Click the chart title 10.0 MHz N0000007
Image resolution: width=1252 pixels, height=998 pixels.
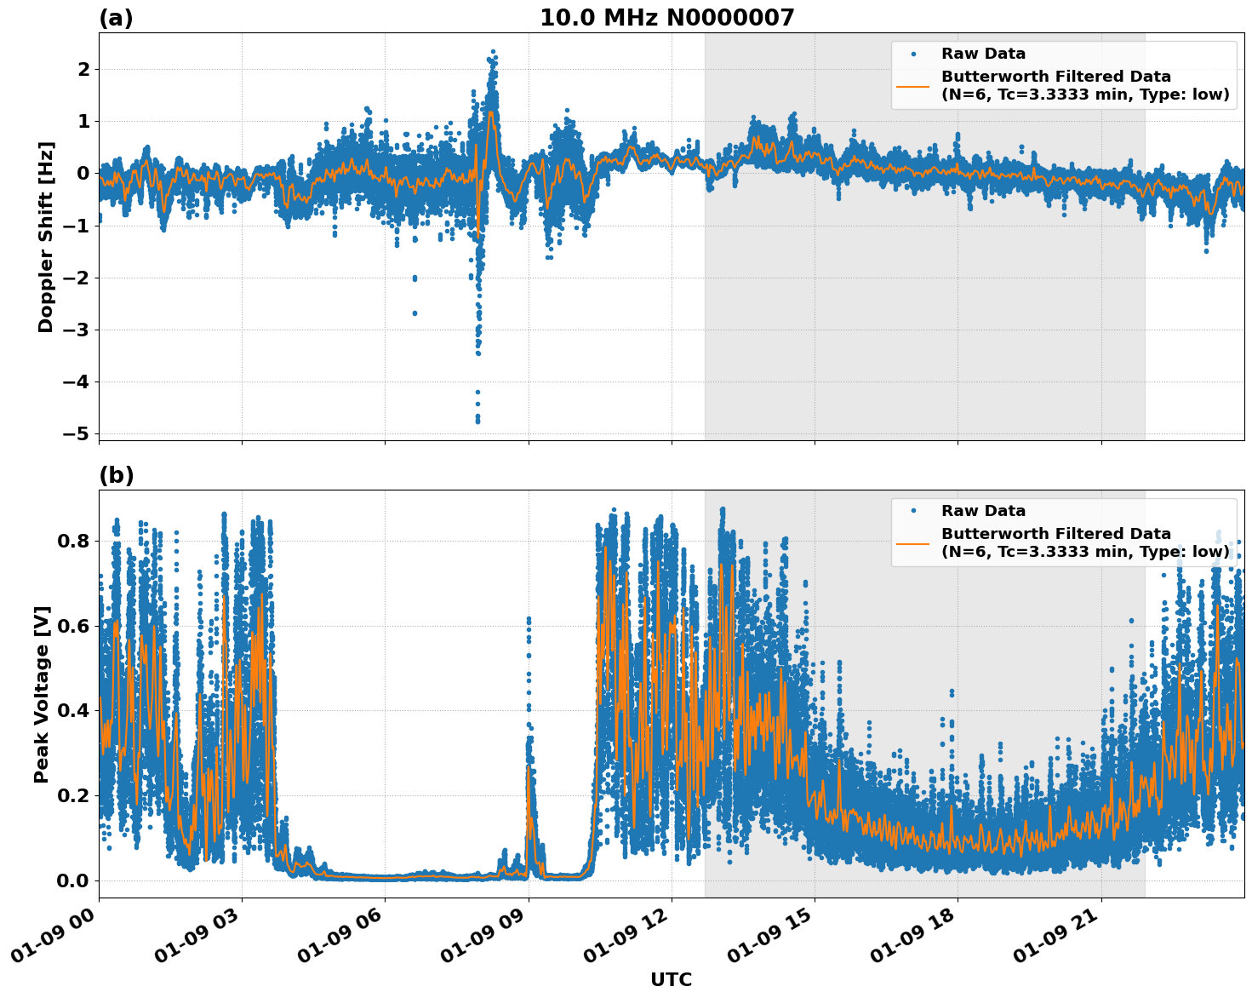pyautogui.click(x=666, y=18)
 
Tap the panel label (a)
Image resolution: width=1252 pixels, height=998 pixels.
pyautogui.click(x=116, y=18)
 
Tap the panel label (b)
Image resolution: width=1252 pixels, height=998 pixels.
pyautogui.click(x=116, y=475)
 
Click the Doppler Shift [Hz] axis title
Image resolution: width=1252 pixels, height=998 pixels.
pyautogui.click(x=46, y=237)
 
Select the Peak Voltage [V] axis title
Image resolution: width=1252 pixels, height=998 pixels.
pyautogui.click(x=42, y=694)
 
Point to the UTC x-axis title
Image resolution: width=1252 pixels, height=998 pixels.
pyautogui.click(x=671, y=979)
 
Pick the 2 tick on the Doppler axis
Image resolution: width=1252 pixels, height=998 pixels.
pyautogui.click(x=83, y=69)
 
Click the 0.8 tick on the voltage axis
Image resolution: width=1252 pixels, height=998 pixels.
pyautogui.click(x=73, y=541)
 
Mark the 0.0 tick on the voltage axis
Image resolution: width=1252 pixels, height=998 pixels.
pyautogui.click(x=73, y=880)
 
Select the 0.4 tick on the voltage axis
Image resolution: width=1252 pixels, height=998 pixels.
pyautogui.click(x=73, y=710)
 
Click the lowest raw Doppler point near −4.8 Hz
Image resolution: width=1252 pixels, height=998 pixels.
pyautogui.click(x=477, y=421)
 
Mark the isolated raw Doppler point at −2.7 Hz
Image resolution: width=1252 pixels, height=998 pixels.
pyautogui.click(x=414, y=313)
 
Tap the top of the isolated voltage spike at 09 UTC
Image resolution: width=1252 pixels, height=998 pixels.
pyautogui.click(x=529, y=619)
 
